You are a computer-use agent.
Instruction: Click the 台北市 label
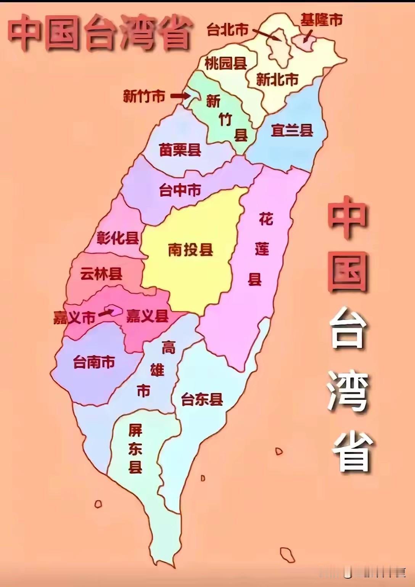click(227, 30)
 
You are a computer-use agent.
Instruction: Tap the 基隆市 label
click(321, 20)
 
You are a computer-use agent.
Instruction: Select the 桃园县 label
click(225, 63)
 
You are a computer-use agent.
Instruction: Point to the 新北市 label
click(277, 80)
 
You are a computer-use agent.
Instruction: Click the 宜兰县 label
click(292, 130)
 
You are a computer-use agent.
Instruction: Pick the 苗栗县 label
click(180, 150)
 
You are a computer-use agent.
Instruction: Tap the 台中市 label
click(180, 190)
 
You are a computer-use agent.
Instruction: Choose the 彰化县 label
click(117, 238)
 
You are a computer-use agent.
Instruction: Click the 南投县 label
click(190, 250)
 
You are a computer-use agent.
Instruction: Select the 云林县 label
click(101, 274)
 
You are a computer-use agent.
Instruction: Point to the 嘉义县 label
click(147, 316)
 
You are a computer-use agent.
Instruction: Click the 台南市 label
click(94, 362)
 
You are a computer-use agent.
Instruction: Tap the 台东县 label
click(202, 400)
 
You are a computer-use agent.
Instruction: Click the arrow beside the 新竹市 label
click(179, 96)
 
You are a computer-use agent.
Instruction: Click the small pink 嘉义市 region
click(115, 310)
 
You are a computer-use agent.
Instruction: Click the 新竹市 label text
click(144, 96)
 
